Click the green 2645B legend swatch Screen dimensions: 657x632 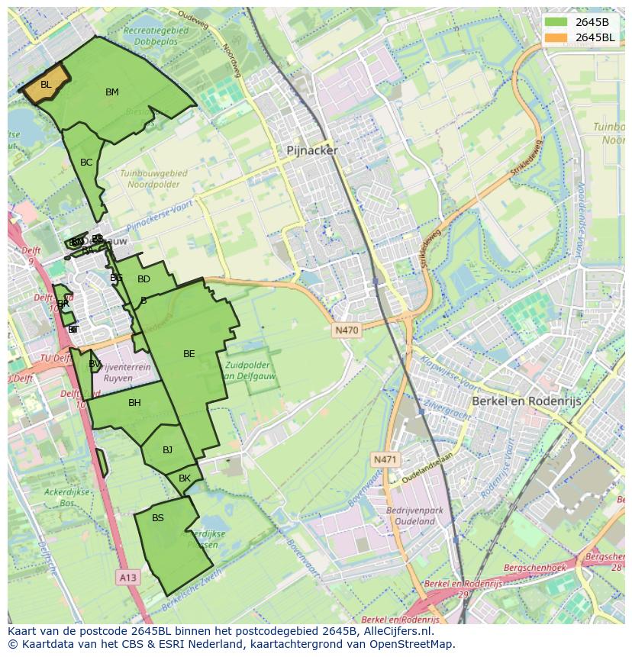[556, 22]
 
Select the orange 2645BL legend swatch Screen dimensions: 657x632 [556, 37]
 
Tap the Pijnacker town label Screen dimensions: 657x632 [311, 151]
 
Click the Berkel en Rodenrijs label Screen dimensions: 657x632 [526, 401]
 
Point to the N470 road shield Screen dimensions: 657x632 [347, 330]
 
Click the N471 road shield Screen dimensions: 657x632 [385, 459]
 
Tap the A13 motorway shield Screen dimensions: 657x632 [128, 578]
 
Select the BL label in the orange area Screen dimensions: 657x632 [46, 85]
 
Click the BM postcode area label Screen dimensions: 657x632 [112, 92]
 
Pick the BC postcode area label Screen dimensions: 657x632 [86, 163]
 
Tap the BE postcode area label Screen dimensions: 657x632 [189, 354]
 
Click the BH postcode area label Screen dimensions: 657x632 [134, 403]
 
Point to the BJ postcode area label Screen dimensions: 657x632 [168, 450]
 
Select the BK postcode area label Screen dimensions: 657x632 [184, 478]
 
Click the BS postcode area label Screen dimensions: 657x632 [158, 518]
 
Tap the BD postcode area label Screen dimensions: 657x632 [143, 279]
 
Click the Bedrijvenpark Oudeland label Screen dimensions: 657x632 [411, 515]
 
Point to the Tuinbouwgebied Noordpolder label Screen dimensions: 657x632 [154, 179]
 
